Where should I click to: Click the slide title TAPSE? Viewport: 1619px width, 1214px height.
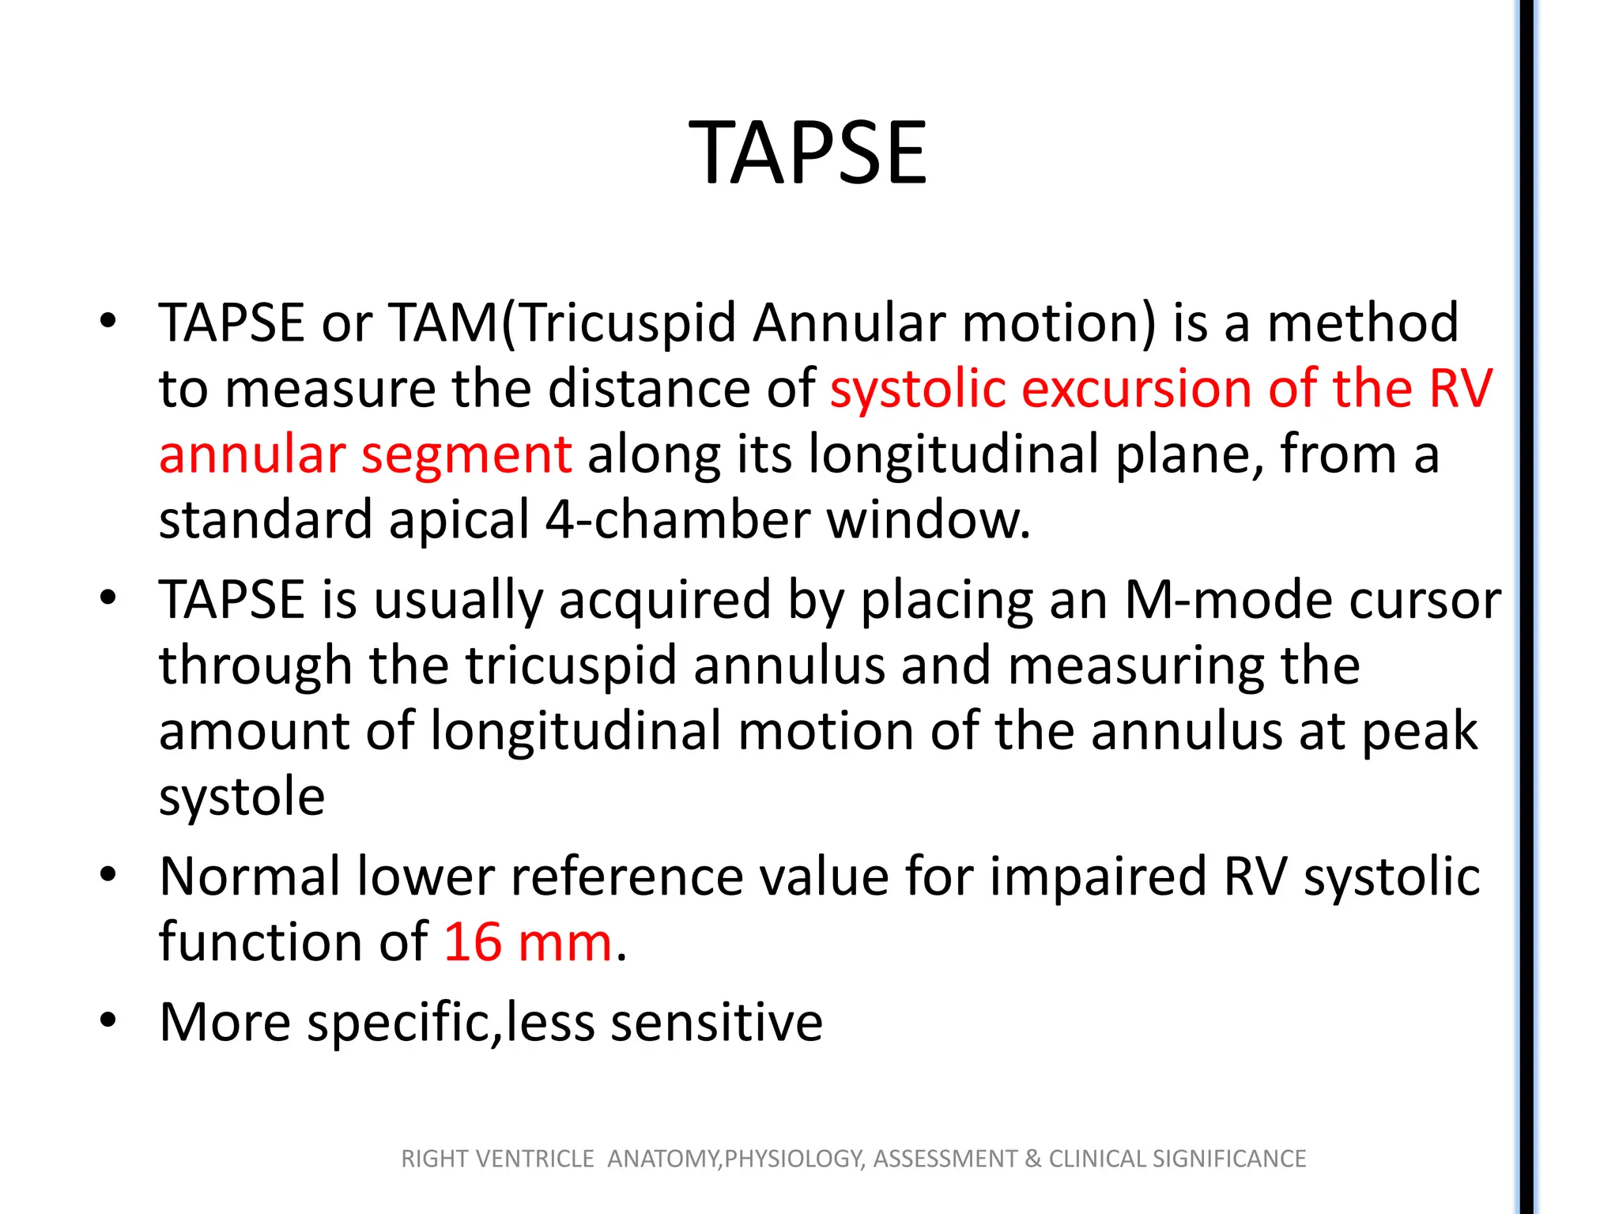(x=808, y=153)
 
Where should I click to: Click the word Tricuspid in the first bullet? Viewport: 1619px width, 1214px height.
(x=628, y=323)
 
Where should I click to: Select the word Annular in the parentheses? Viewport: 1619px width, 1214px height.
(x=847, y=323)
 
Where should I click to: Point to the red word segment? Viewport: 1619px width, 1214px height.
(x=466, y=455)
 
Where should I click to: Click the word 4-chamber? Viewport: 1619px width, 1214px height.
(x=677, y=521)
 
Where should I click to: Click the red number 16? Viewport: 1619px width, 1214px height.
(x=473, y=942)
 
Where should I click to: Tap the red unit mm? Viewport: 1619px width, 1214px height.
(x=564, y=942)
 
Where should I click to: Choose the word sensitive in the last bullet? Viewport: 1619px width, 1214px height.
(x=716, y=1022)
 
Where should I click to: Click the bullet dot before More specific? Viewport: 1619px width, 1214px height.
(x=108, y=1020)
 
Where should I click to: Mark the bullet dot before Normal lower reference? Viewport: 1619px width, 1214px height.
(x=108, y=874)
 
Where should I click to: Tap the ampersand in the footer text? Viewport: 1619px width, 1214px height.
(x=1032, y=1159)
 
